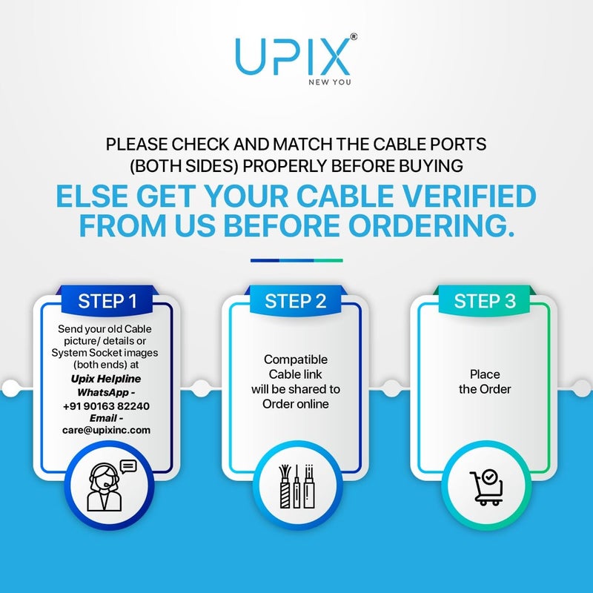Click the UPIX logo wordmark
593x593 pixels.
coord(292,56)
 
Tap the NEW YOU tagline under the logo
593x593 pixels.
coord(330,82)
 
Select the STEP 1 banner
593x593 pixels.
coord(107,302)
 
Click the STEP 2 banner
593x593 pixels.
coord(295,302)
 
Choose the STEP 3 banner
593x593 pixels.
coord(485,302)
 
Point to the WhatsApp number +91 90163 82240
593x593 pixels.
coord(106,405)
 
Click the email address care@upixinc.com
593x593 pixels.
coord(106,429)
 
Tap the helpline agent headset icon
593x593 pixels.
coord(103,488)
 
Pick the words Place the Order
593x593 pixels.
coord(485,382)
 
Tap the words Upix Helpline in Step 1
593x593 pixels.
coord(106,379)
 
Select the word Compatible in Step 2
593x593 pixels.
coord(295,360)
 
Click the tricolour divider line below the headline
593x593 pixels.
coord(296,260)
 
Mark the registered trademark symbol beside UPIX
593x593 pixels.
coord(355,36)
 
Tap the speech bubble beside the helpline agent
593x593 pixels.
coord(128,467)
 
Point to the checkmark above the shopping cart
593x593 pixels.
coord(489,476)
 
